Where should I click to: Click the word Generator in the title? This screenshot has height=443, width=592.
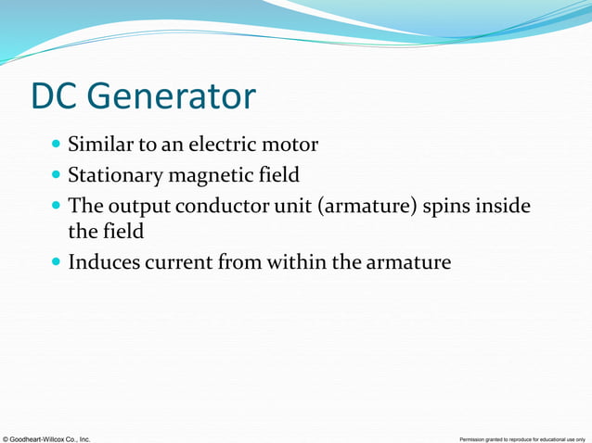[173, 97]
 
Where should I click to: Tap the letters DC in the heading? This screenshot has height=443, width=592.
[58, 97]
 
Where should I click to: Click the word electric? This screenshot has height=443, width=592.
[225, 145]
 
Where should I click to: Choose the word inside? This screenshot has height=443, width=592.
[507, 204]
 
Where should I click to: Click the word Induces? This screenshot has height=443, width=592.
[105, 262]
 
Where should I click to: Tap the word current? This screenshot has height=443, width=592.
[180, 262]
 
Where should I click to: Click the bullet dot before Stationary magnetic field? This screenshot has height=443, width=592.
[58, 175]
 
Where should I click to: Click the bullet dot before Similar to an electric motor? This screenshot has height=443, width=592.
[58, 146]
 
